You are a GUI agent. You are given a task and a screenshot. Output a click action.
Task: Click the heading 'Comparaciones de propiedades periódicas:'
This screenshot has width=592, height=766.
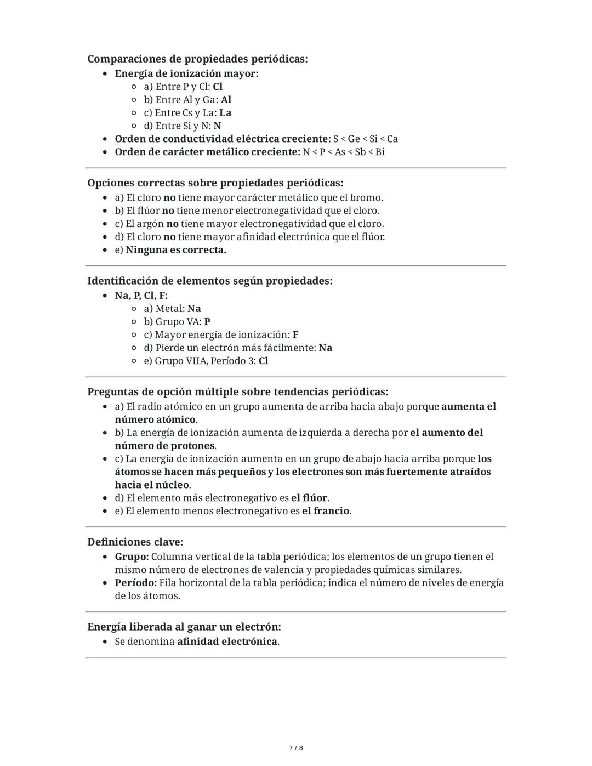pyautogui.click(x=197, y=59)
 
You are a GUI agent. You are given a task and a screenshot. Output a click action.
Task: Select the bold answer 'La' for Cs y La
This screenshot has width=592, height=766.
pyautogui.click(x=225, y=113)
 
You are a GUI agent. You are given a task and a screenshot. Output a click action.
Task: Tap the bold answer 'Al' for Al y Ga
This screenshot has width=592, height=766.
pyautogui.click(x=226, y=100)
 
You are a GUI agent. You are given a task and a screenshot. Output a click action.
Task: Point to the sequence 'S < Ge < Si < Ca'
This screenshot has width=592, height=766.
pyautogui.click(x=366, y=139)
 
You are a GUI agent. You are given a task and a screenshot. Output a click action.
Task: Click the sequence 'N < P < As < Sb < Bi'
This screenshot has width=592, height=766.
pyautogui.click(x=344, y=152)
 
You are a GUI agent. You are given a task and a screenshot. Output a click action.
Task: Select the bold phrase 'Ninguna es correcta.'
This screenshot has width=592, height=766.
pyautogui.click(x=176, y=250)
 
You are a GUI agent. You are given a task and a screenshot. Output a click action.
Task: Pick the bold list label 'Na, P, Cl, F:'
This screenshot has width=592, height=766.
pyautogui.click(x=141, y=296)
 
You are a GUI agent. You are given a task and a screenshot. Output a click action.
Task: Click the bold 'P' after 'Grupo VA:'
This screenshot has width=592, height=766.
pyautogui.click(x=207, y=322)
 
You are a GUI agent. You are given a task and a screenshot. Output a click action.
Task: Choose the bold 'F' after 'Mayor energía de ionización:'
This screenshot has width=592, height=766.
pyautogui.click(x=295, y=335)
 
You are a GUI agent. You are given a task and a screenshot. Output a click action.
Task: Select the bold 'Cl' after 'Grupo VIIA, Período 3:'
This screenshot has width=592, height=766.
pyautogui.click(x=263, y=361)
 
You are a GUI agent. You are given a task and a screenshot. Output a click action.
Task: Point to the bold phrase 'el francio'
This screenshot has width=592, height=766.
pyautogui.click(x=326, y=511)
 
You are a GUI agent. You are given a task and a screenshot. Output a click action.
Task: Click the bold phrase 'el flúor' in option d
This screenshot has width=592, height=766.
pyautogui.click(x=309, y=498)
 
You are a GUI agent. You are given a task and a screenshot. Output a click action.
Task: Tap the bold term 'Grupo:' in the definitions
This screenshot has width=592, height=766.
pyautogui.click(x=132, y=557)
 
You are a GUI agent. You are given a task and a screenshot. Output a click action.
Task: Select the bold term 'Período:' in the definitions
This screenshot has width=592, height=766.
pyautogui.click(x=135, y=583)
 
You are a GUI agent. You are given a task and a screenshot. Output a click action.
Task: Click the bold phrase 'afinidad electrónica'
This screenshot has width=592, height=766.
pyautogui.click(x=227, y=642)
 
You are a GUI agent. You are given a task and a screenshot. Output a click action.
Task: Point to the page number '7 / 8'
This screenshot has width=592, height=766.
pyautogui.click(x=296, y=748)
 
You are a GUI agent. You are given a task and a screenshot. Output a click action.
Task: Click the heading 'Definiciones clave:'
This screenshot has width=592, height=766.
pyautogui.click(x=135, y=542)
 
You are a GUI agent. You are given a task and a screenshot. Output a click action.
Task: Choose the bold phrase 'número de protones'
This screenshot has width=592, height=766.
pyautogui.click(x=164, y=446)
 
